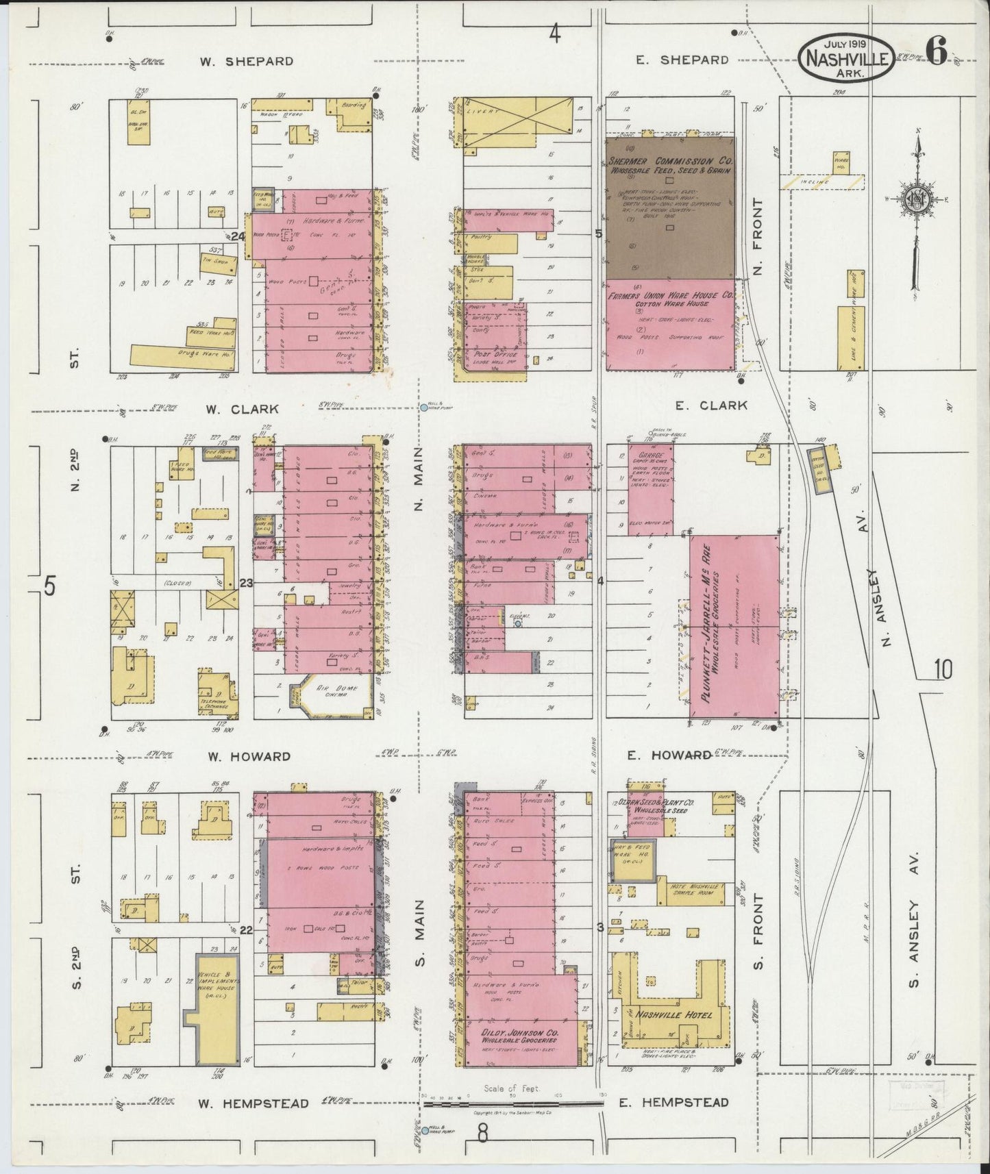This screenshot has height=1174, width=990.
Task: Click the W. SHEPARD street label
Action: (x=247, y=61)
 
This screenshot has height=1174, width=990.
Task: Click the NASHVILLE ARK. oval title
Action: (x=846, y=59)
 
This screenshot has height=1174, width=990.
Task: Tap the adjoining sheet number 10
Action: (x=943, y=669)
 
